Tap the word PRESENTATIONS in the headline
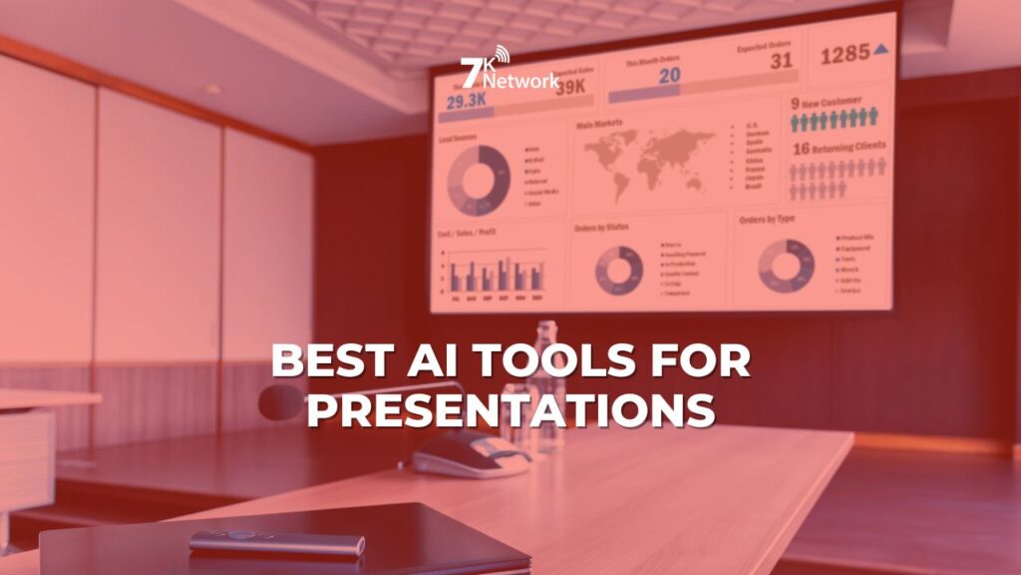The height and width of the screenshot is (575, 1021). pyautogui.click(x=510, y=409)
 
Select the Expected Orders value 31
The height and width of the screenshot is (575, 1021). pyautogui.click(x=781, y=61)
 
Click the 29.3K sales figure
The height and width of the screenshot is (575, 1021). pyautogui.click(x=466, y=102)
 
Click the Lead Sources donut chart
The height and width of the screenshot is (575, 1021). pyautogui.click(x=478, y=179)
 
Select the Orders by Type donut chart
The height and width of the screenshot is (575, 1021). pyautogui.click(x=786, y=265)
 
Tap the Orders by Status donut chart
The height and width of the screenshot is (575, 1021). pyautogui.click(x=618, y=270)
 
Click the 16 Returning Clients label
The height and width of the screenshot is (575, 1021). pyautogui.click(x=839, y=148)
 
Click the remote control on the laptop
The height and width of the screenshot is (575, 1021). pyautogui.click(x=277, y=542)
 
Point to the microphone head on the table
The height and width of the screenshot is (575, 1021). pyautogui.click(x=280, y=401)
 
